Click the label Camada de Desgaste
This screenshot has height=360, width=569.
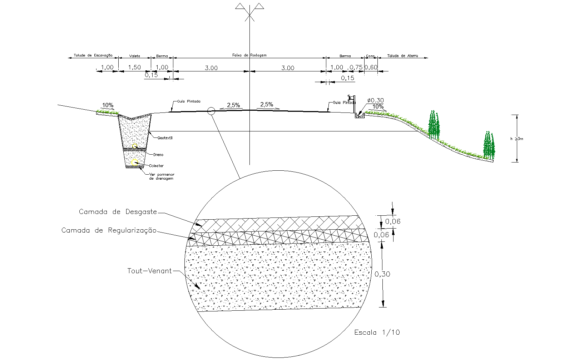118,212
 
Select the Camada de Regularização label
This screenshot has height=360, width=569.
109,230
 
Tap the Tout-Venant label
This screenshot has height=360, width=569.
149,271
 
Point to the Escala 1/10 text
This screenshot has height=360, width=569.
377,332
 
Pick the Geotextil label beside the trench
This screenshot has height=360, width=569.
165,138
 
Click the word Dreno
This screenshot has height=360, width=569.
158,155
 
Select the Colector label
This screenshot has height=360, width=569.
156,166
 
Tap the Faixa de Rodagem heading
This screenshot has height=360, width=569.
249,55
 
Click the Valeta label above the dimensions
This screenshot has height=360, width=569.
134,56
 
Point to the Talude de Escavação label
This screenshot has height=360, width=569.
93,55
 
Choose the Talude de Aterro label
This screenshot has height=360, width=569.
402,56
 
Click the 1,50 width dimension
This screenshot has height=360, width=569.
134,67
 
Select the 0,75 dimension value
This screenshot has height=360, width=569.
356,67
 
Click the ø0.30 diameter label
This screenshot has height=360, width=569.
375,100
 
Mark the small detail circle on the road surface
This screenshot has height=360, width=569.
211,111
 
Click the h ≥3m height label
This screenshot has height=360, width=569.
516,139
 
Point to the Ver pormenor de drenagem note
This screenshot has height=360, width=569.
162,176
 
